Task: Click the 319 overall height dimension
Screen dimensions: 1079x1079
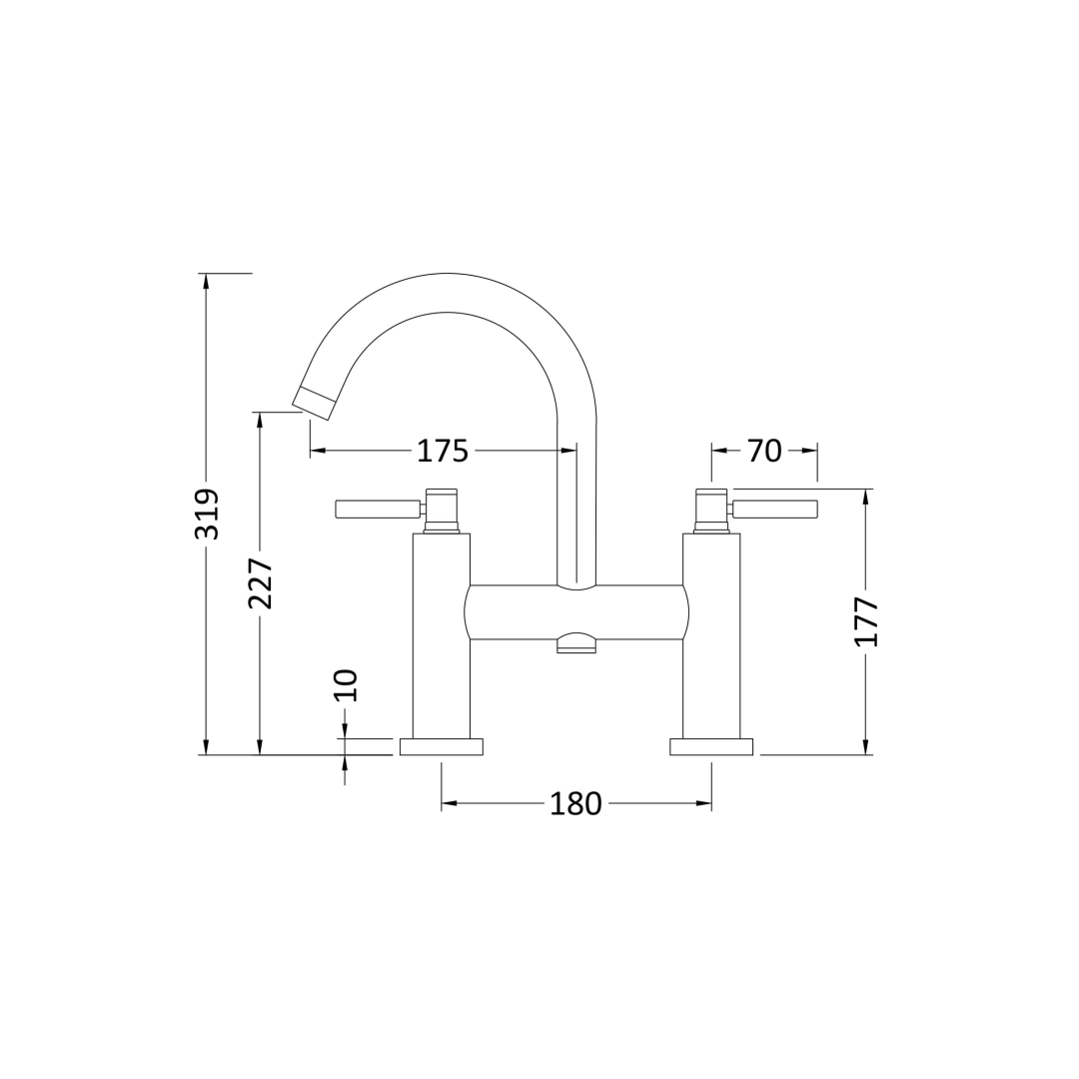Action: point(208,515)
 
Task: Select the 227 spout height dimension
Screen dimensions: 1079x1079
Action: point(261,583)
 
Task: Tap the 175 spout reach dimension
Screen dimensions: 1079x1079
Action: point(443,451)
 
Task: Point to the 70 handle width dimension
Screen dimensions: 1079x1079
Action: point(764,451)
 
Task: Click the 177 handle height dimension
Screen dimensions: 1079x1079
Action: point(866,621)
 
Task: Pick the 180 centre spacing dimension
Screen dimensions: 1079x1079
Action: point(576,803)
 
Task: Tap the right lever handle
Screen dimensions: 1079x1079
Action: point(775,510)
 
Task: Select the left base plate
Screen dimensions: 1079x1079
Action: point(442,746)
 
